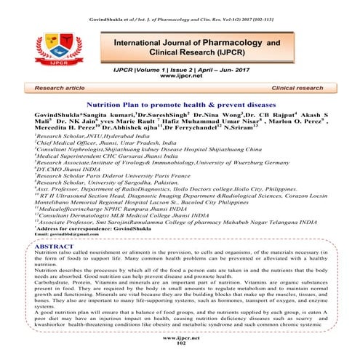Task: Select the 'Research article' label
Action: [71, 86]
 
